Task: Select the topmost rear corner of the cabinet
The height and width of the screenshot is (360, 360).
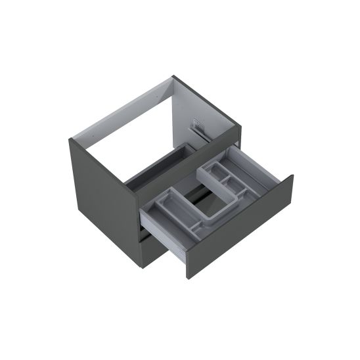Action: click(x=173, y=77)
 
